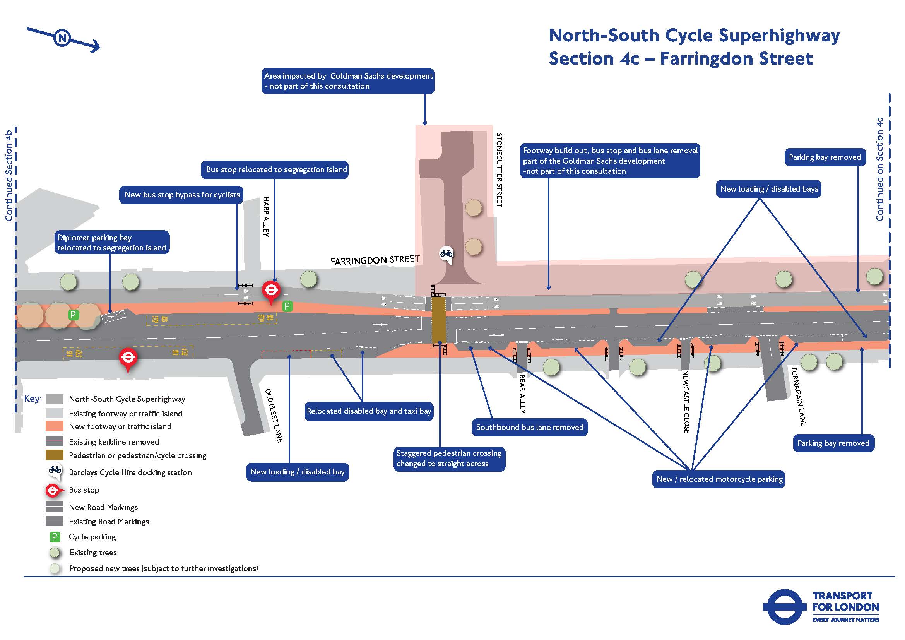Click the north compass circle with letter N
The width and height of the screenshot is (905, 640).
tap(62, 38)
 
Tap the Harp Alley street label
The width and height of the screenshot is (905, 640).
tap(266, 216)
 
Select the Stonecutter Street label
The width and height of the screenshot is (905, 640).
tap(499, 170)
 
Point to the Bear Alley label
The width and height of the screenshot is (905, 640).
tap(522, 394)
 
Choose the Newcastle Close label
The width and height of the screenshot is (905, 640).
tap(686, 402)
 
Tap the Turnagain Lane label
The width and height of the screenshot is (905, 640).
tap(799, 396)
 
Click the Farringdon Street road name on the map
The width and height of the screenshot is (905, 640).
tap(375, 260)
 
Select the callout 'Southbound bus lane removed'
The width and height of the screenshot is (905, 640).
tap(529, 427)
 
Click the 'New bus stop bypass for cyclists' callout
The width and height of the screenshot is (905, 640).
tap(182, 195)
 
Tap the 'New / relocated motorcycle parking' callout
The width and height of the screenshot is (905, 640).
tap(719, 479)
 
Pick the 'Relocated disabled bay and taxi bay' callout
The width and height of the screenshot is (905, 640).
tap(369, 411)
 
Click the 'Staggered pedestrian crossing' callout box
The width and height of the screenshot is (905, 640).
tap(448, 458)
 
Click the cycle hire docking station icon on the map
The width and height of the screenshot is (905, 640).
tap(446, 253)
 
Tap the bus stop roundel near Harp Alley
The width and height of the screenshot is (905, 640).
tap(271, 291)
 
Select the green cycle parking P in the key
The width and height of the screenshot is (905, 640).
tap(55, 537)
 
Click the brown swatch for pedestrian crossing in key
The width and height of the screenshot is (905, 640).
tap(55, 455)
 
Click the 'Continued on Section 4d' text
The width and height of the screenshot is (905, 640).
tap(879, 169)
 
